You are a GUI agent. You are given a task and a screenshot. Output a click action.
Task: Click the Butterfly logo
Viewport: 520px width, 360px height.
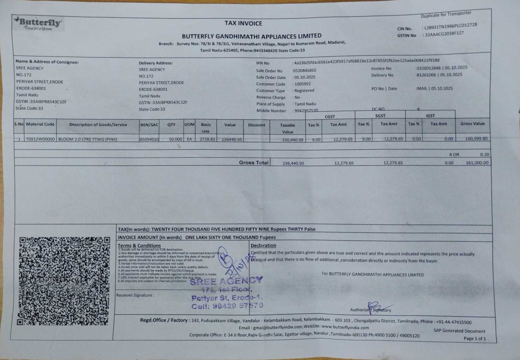point(39,24)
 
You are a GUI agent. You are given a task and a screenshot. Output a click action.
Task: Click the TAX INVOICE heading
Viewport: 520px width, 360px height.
point(243,23)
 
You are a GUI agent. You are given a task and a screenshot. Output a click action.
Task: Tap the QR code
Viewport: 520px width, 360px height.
point(64,281)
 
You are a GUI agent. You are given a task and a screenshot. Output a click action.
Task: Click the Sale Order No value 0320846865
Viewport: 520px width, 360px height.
point(304,70)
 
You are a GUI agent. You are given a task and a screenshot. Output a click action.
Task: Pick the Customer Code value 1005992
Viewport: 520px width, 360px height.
point(302,84)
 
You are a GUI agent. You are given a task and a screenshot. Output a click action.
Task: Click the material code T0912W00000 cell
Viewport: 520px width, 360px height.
point(40,139)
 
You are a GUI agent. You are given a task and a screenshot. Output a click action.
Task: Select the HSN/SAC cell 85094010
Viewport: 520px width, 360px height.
point(149,139)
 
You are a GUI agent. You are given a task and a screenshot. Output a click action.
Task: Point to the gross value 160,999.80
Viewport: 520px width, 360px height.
point(476,139)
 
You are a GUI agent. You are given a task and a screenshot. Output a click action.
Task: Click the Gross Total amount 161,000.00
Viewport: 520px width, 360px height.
point(477,163)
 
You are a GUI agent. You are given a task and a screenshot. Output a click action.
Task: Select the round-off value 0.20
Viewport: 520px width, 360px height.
point(484,155)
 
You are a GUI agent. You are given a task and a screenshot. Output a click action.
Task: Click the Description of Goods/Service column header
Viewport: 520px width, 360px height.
point(98,125)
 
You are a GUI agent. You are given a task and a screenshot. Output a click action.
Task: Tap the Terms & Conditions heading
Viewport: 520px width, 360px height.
point(139,245)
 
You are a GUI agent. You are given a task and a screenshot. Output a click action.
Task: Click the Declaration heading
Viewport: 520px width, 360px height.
point(263,245)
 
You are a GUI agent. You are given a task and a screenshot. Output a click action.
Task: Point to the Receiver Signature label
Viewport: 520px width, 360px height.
point(135,295)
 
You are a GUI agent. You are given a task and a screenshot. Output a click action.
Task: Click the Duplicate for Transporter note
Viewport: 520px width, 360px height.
point(446,15)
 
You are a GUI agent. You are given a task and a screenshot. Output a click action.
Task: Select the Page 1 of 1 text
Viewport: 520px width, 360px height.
point(475,339)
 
